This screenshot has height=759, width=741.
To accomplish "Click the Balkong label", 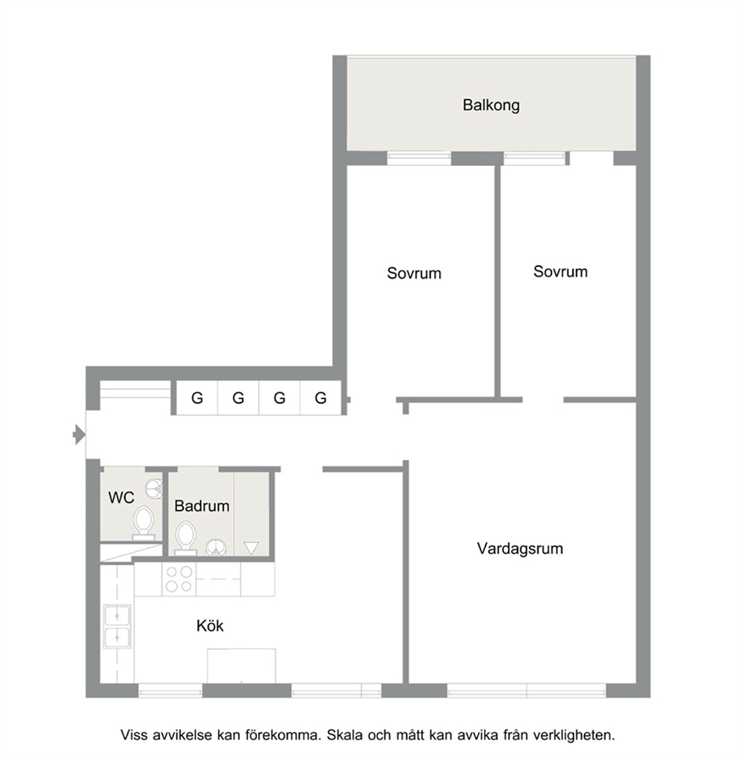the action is click(x=491, y=105).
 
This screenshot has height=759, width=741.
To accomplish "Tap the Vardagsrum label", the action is click(x=520, y=548).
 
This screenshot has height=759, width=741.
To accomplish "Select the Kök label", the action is click(x=210, y=625).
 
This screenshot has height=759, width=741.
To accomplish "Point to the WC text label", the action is click(x=121, y=497).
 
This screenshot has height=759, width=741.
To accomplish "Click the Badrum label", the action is click(x=202, y=506).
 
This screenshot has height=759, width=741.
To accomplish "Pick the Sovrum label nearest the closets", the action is click(x=414, y=273).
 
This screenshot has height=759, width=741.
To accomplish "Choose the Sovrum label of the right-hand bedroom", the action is click(x=560, y=272).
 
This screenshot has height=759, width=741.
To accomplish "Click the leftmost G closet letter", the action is click(x=197, y=398).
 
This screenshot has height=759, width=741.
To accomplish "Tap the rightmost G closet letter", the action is click(x=320, y=398).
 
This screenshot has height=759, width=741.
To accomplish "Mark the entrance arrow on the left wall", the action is click(x=79, y=434).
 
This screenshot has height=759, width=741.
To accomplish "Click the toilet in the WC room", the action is click(x=143, y=523).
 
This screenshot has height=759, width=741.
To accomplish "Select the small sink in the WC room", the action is click(x=154, y=487).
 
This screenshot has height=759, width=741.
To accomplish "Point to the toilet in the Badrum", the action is click(x=185, y=538).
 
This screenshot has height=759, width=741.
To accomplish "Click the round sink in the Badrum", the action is click(x=215, y=548).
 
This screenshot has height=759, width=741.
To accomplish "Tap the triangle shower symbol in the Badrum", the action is click(x=251, y=548).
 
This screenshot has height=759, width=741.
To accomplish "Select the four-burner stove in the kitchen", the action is click(x=179, y=579).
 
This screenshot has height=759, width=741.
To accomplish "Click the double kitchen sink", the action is click(x=117, y=626).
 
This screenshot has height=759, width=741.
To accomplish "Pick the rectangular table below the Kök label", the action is click(x=241, y=666).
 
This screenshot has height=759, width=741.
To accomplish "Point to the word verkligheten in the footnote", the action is click(x=574, y=735).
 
